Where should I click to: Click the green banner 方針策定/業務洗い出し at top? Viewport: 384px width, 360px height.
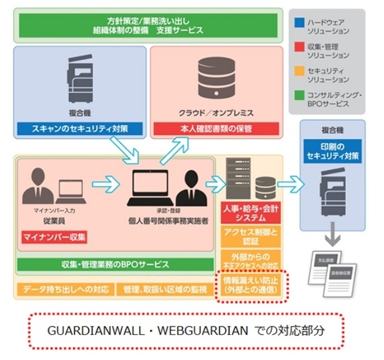point(148,25)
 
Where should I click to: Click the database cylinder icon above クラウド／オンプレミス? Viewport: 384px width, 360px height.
point(216,79)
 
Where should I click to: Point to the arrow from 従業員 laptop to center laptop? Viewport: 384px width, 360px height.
point(106,183)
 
